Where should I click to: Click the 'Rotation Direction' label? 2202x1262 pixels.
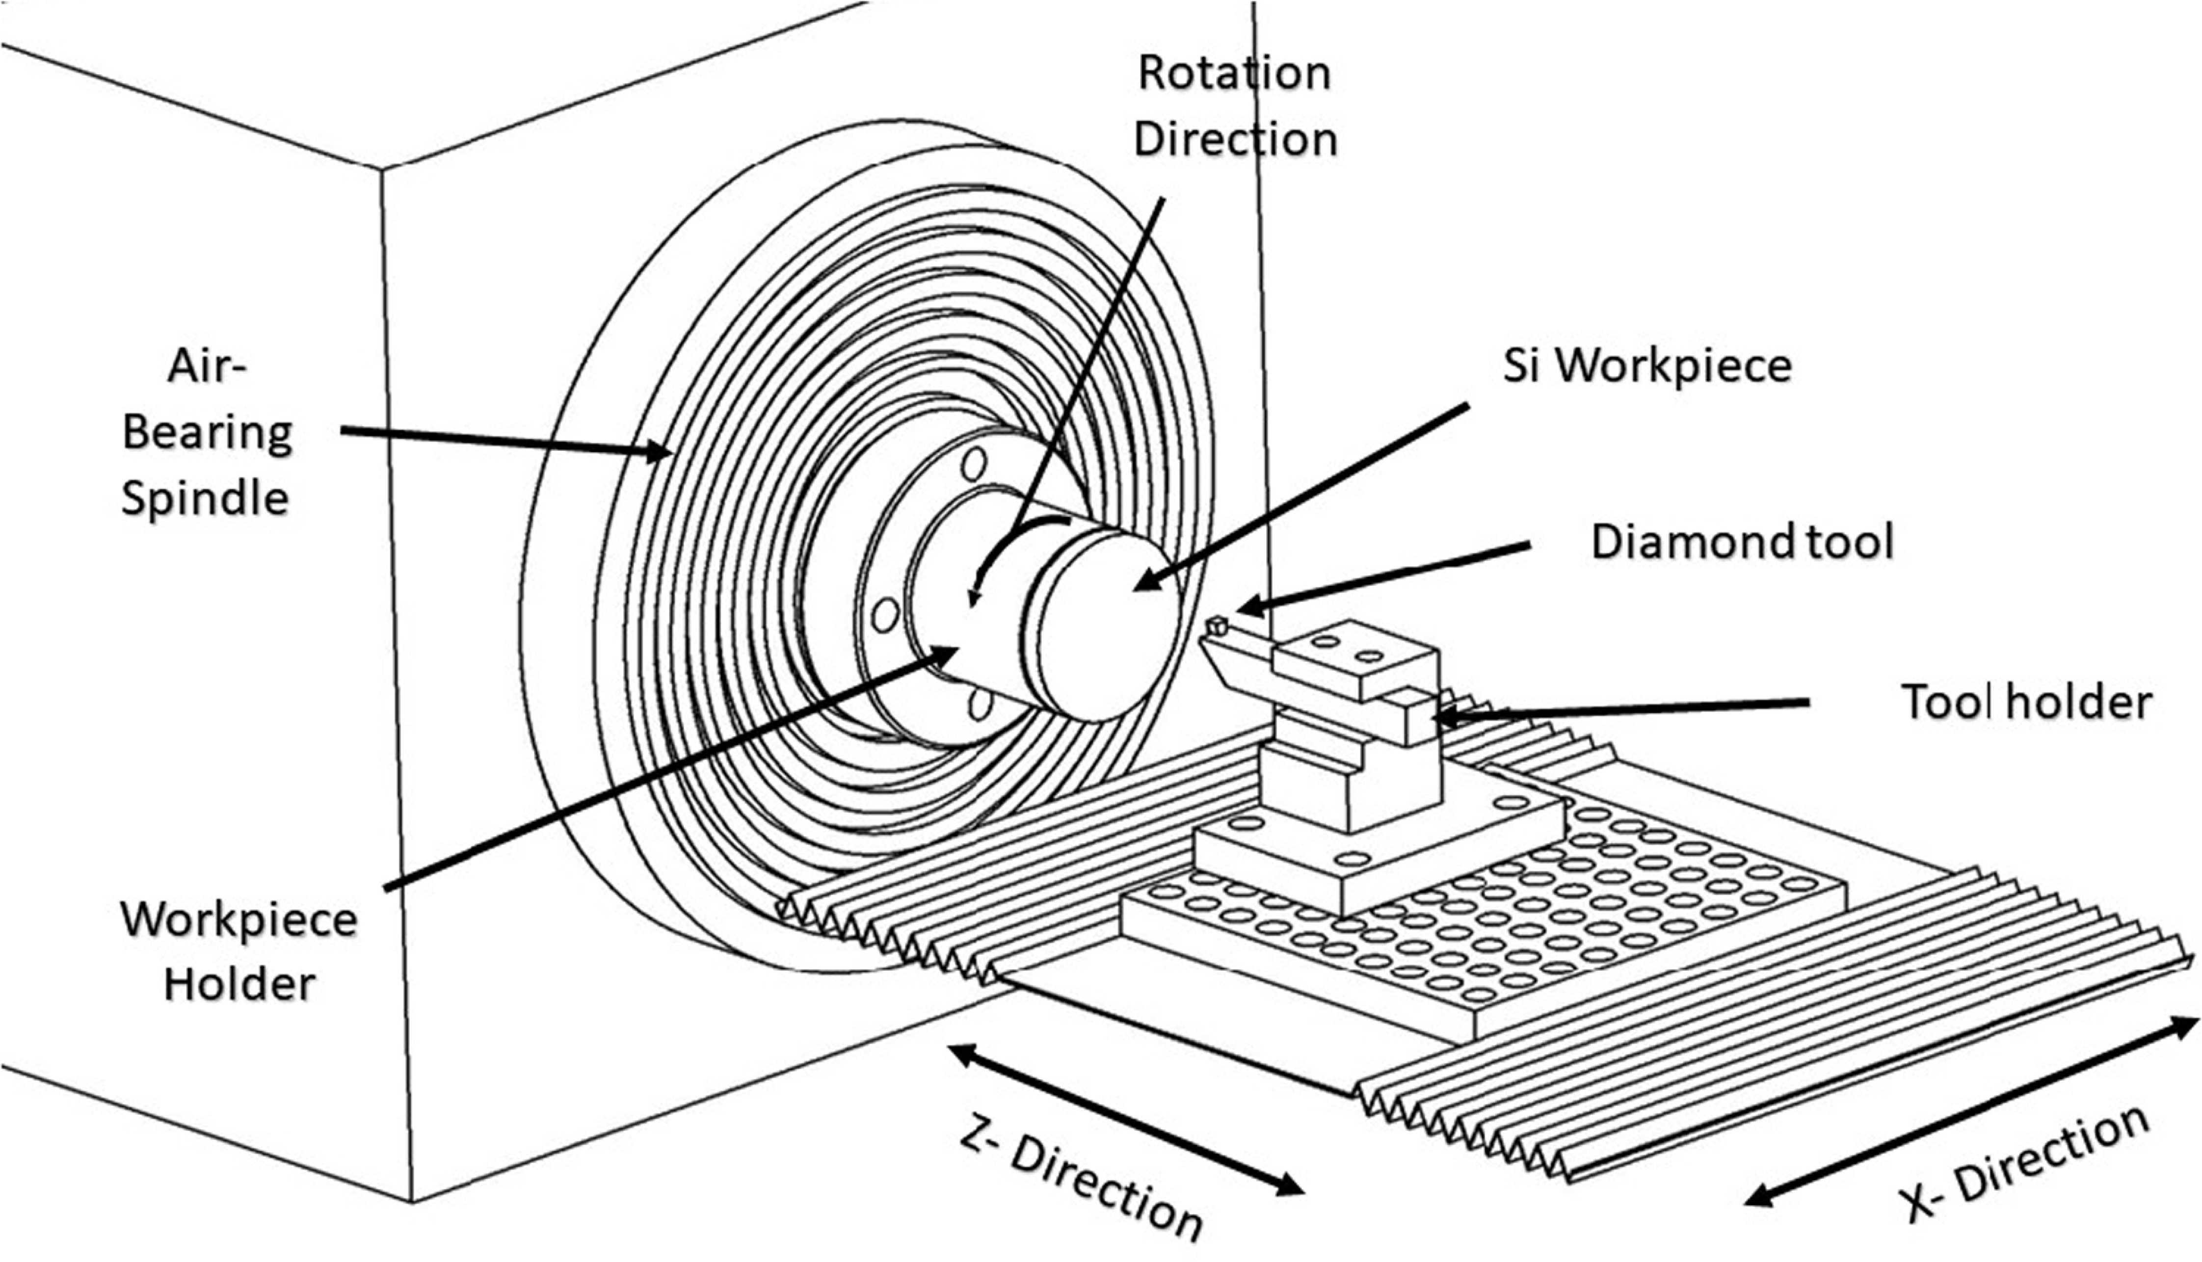(x=1235, y=106)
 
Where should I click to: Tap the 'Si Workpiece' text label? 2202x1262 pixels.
(x=1647, y=366)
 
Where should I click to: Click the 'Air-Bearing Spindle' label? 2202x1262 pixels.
(x=206, y=432)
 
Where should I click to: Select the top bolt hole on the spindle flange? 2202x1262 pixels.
(x=975, y=464)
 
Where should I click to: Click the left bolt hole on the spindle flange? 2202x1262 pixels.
(x=885, y=615)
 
